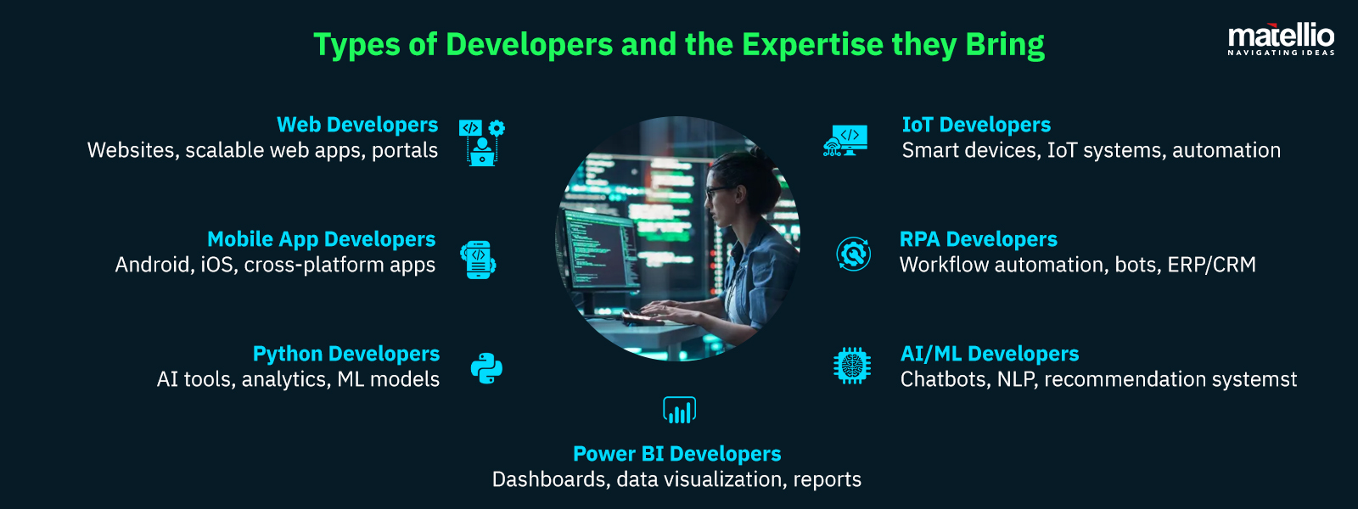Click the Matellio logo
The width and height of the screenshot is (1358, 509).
1281,39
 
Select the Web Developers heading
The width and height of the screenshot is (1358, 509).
357,125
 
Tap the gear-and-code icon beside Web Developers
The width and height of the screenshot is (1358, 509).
482,142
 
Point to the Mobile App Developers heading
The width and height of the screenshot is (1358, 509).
321,239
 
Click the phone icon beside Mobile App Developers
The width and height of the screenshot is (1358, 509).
478,260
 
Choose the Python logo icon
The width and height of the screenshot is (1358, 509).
486,368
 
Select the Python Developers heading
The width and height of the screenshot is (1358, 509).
346,354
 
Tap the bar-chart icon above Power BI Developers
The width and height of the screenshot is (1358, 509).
679,411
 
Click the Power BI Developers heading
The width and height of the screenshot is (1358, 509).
676,454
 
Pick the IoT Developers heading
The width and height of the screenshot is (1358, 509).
976,125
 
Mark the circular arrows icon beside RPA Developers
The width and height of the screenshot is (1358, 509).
853,254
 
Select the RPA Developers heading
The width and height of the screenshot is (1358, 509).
978,239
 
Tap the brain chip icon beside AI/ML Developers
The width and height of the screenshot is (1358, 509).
852,366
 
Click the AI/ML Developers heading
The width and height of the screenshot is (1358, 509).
990,354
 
